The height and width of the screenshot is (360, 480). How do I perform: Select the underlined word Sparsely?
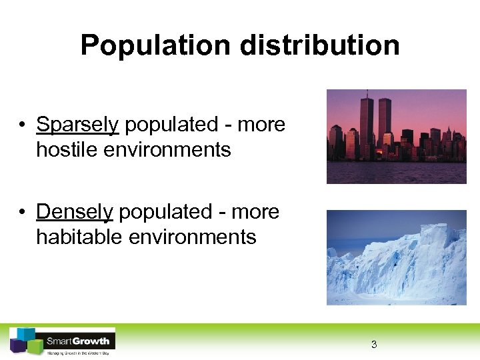pos(77,125)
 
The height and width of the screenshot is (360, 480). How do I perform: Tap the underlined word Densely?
pos(75,212)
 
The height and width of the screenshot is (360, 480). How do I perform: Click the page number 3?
pos(374,345)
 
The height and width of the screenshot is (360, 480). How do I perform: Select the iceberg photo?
pos(396,257)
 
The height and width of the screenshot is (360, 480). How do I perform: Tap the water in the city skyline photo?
pos(396,173)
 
